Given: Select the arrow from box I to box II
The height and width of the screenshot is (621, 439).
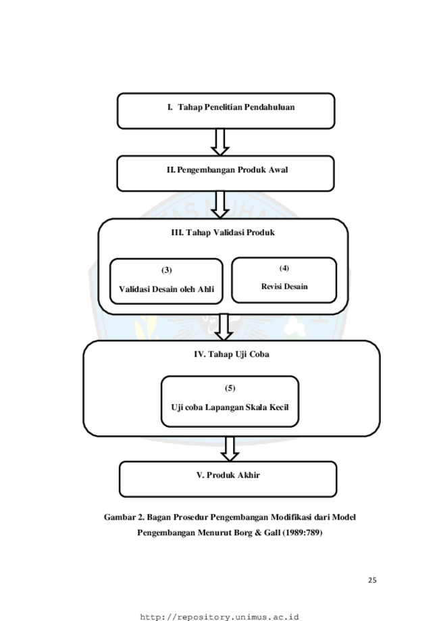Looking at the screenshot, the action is coord(220,142).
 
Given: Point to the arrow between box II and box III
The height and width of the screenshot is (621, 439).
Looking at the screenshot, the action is coord(220,204).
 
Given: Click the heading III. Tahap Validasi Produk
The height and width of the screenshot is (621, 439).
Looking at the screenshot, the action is coord(223,232).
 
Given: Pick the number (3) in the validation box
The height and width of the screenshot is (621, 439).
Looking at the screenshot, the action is coord(166,270).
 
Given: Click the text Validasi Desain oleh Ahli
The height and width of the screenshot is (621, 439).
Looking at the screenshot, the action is coord(166,289).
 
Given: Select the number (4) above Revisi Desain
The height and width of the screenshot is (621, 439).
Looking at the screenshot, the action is coord(284,268).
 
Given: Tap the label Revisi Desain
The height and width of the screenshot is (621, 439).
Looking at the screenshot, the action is coord(284,287).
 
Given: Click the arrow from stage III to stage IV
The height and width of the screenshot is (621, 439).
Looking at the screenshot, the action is coord(224,327).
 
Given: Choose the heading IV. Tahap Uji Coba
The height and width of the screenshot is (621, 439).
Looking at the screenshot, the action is coord(232,354).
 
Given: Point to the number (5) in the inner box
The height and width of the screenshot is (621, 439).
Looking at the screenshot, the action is coord(230,388).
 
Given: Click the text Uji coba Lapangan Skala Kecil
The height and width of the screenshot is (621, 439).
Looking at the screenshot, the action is coord(230,407).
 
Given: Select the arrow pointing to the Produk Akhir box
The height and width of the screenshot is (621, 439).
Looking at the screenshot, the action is coord(230,449).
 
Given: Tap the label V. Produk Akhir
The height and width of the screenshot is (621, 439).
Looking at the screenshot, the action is coord(228,475).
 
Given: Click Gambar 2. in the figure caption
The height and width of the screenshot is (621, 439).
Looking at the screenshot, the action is coord(124,517).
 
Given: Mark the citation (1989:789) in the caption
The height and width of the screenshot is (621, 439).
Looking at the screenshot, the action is coord(302,532).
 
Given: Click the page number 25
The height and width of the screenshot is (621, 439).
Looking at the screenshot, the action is coord(372,580).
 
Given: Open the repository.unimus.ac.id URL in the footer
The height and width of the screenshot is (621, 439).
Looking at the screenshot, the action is coord(219,617).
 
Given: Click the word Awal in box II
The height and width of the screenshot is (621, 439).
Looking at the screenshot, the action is coord(278,170).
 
